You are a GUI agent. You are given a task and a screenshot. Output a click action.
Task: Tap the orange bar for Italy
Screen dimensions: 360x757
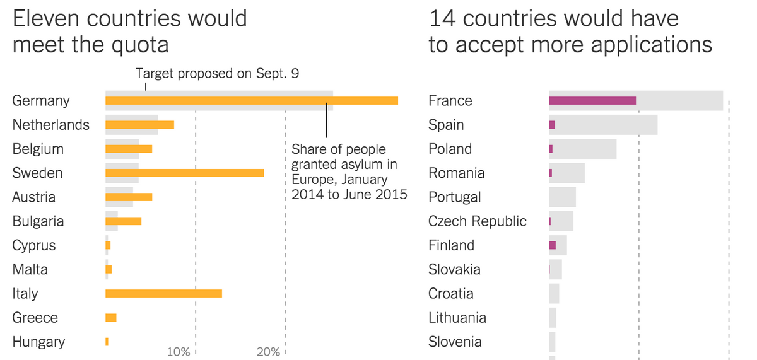[163, 293]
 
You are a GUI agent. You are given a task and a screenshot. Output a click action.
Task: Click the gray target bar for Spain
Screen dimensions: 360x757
[606, 125]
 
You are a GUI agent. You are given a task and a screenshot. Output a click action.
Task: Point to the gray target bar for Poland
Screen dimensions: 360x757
[584, 149]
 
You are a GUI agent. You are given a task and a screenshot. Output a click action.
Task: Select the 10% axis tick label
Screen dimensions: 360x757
[179, 352]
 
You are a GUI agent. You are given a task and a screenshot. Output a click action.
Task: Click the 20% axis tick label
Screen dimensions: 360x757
[268, 352]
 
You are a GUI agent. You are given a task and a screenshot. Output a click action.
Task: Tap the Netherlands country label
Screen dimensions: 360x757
[51, 125]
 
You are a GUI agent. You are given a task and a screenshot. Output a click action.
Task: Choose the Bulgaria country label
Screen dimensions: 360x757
[38, 221]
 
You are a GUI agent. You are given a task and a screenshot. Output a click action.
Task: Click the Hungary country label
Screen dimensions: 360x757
[38, 342]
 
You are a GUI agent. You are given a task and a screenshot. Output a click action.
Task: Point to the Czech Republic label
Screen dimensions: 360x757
[477, 221]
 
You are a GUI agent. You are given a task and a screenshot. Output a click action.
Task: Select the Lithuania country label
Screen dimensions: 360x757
[457, 318]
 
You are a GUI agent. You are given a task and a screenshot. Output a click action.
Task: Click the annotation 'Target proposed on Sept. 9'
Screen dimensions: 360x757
[218, 74]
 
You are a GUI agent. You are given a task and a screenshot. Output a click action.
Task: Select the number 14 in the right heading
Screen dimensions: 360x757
[441, 19]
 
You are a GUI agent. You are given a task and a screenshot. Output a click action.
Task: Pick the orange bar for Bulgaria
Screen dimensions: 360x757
[123, 221]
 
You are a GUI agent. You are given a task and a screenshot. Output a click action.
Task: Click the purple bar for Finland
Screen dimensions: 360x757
[552, 245]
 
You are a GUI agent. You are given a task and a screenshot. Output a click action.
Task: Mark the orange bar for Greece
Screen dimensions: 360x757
[110, 318]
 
